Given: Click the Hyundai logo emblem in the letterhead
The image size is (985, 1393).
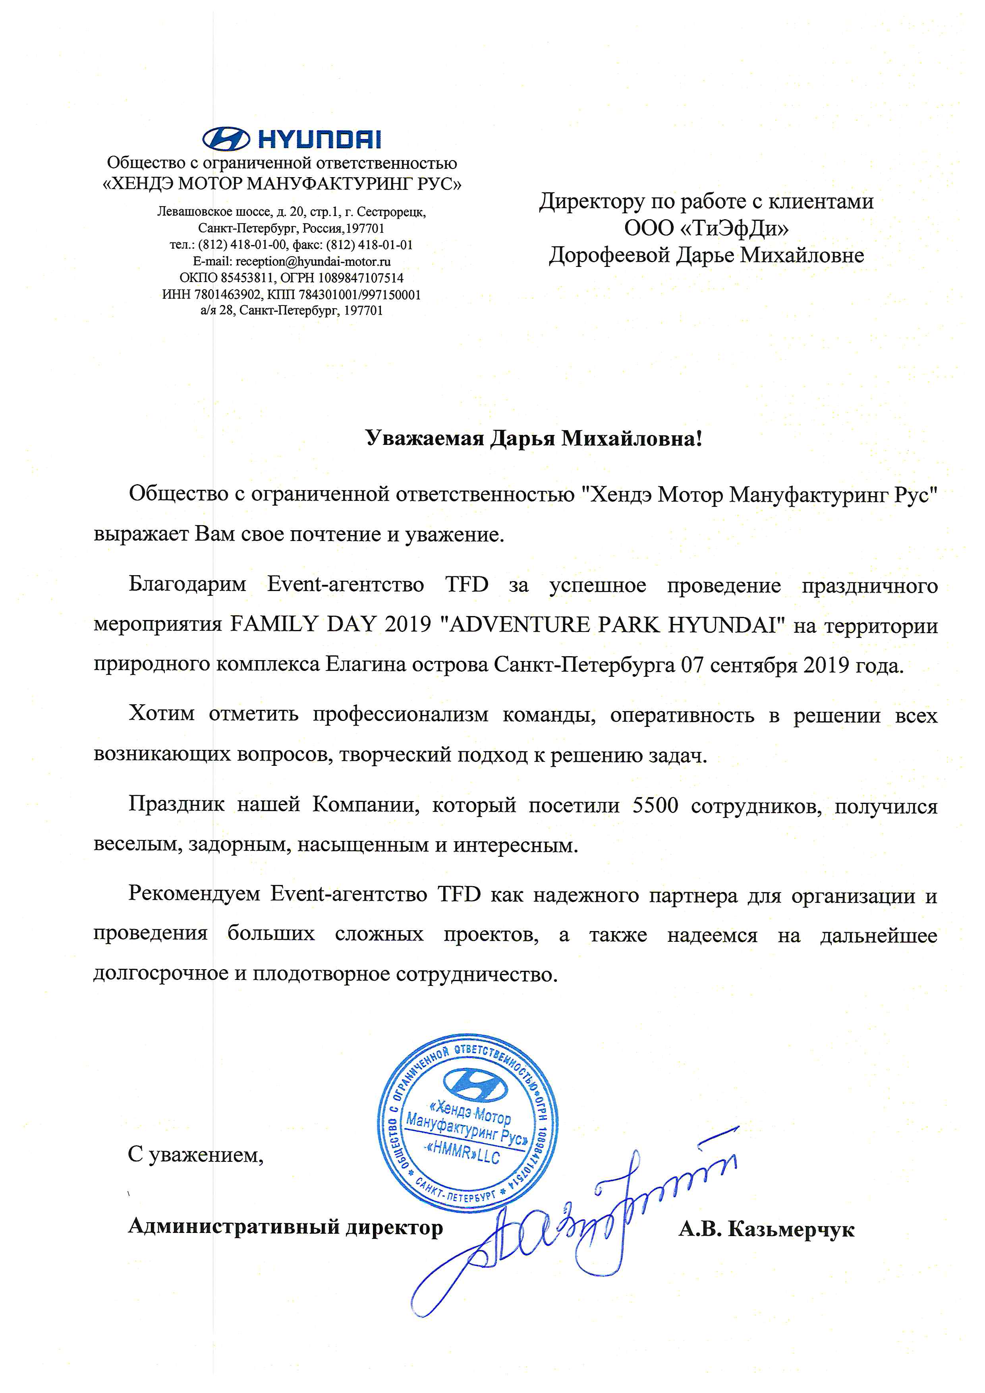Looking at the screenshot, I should point(226,139).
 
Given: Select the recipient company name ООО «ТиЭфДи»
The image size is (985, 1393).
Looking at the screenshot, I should point(706,228).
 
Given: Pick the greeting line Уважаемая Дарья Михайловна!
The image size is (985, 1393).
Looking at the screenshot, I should point(534,438).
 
